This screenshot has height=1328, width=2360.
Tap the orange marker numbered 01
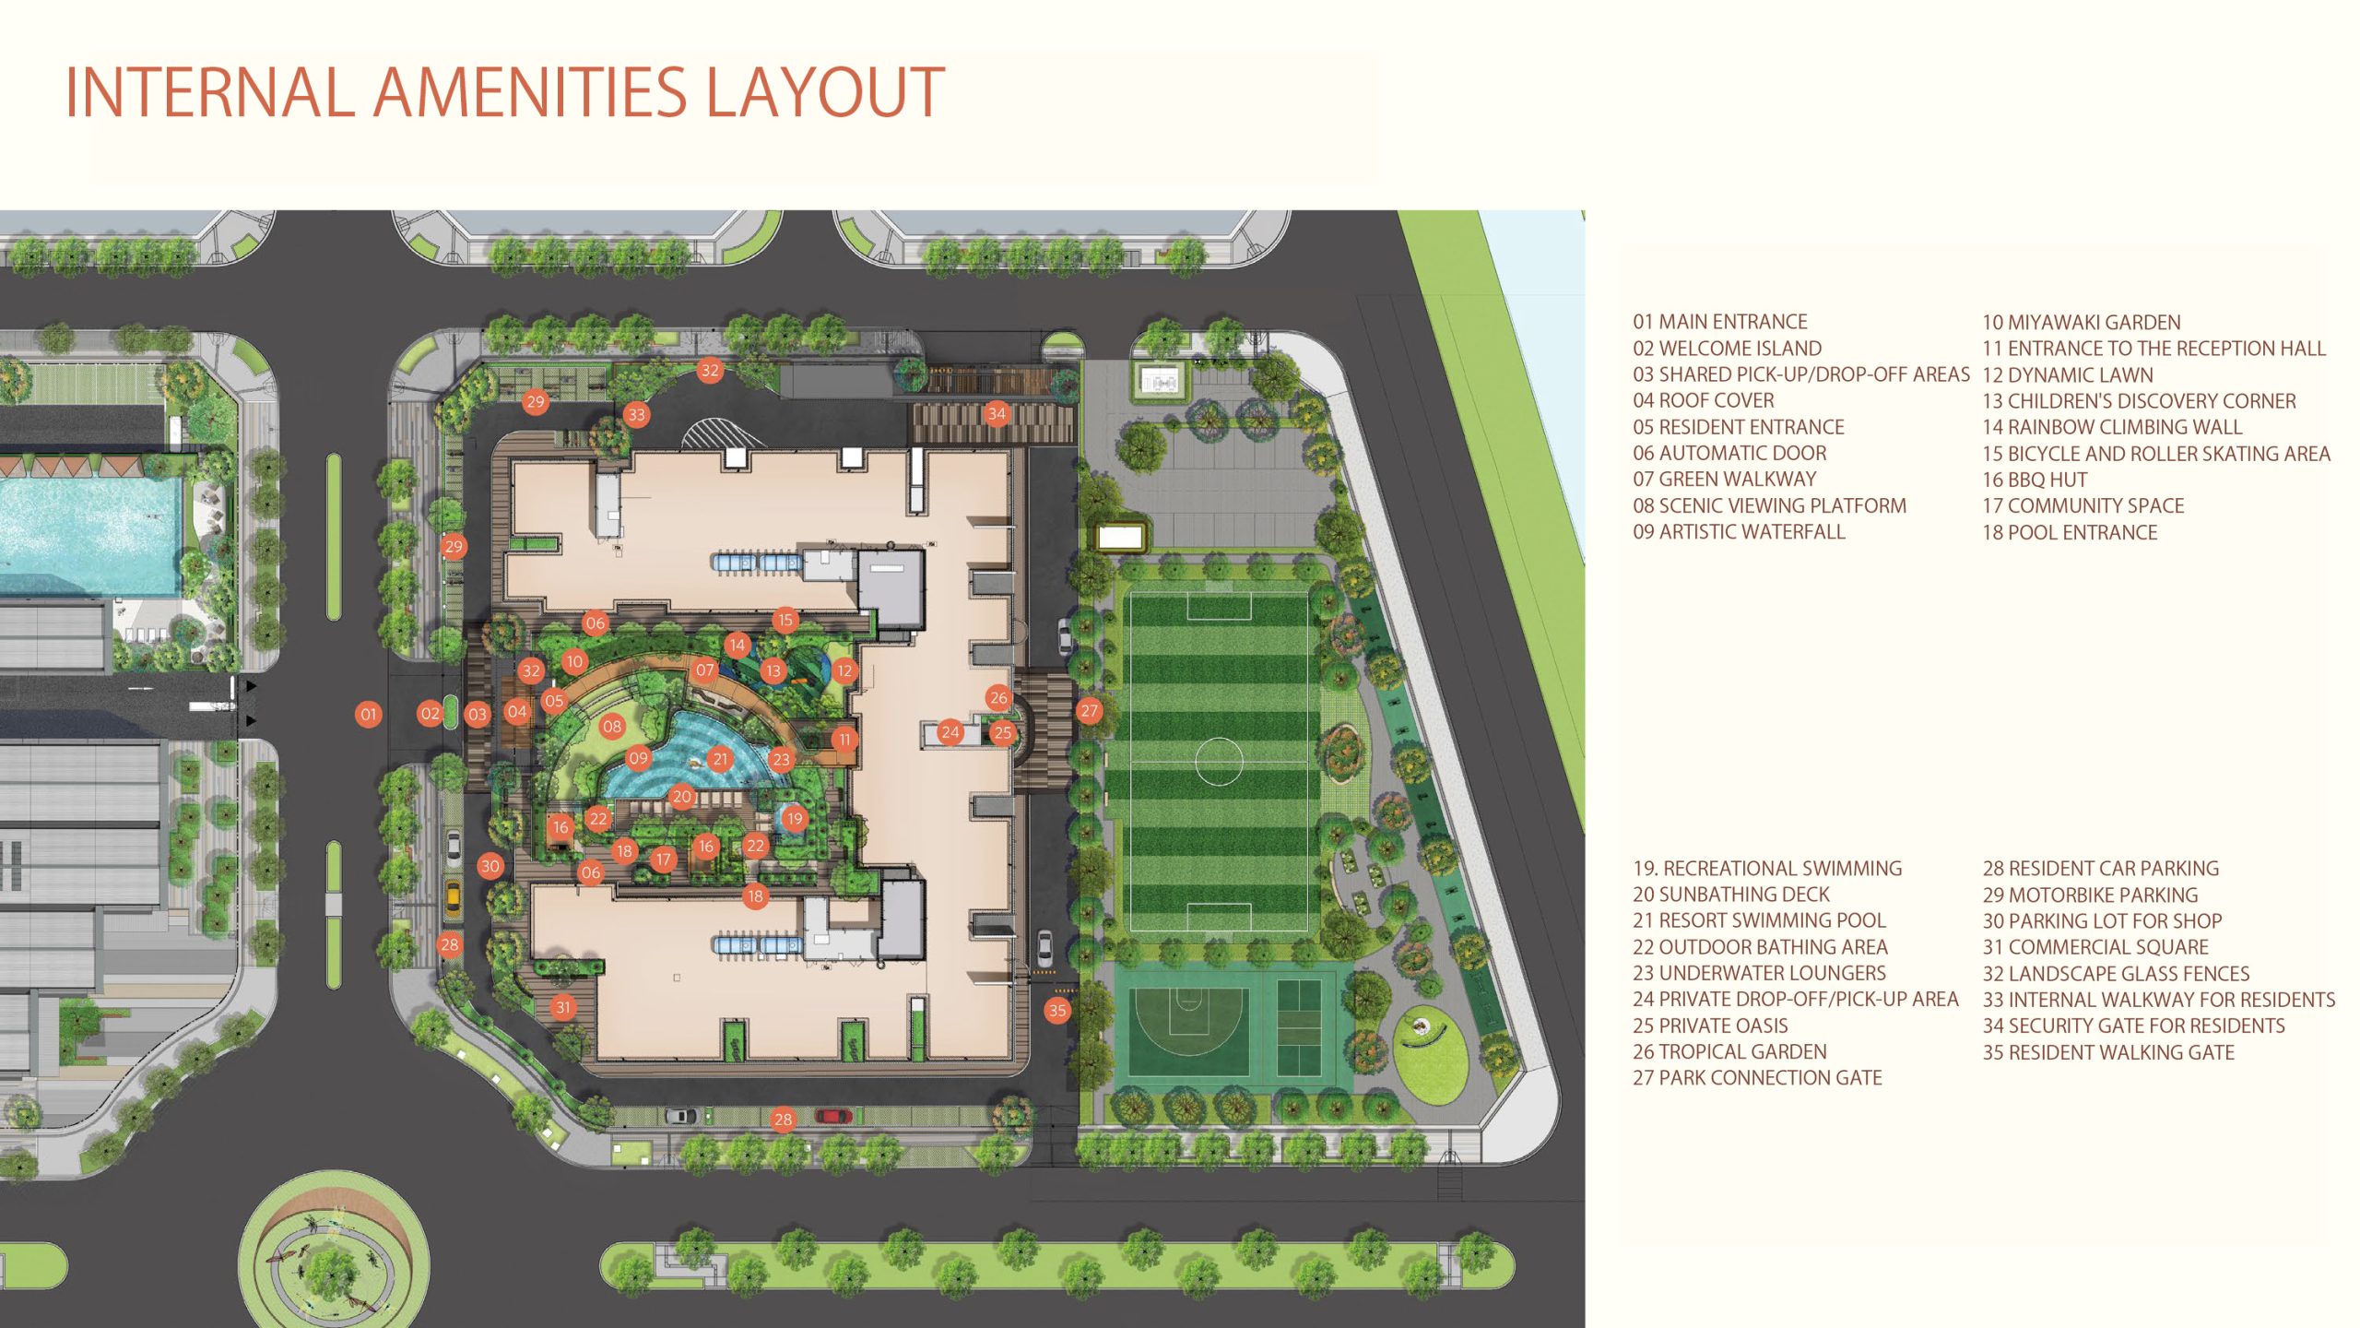point(369,714)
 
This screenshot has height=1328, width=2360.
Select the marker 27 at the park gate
point(1090,711)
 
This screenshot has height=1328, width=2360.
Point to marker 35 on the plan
point(1057,1010)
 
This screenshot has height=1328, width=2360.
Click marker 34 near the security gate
point(997,413)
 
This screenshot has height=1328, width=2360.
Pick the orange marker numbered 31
point(563,1007)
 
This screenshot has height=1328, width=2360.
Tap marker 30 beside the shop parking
point(490,866)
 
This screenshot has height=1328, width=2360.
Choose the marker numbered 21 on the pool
point(720,759)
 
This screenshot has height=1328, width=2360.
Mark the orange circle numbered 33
point(636,415)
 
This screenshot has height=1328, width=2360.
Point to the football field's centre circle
point(1219,761)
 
